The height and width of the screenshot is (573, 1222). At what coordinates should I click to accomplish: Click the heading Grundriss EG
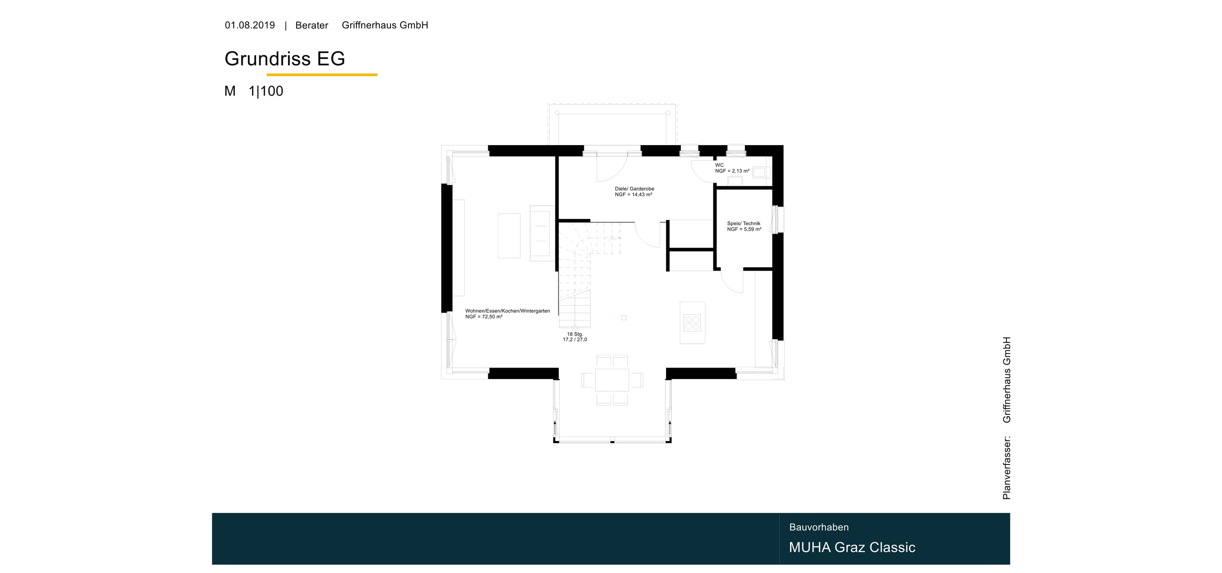[x=284, y=58]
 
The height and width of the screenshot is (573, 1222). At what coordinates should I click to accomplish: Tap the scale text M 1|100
[x=254, y=91]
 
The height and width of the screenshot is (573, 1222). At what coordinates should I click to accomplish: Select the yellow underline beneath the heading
[x=322, y=74]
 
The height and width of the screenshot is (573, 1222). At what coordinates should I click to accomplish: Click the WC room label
[x=719, y=165]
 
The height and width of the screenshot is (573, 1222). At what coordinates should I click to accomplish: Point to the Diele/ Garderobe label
[x=634, y=189]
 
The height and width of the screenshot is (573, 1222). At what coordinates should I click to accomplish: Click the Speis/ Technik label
[x=744, y=223]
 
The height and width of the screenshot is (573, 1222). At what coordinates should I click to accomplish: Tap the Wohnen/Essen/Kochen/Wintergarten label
[x=508, y=311]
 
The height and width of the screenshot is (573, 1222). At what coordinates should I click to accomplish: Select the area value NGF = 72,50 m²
[x=484, y=317]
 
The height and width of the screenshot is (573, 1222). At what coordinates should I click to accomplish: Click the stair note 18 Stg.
[x=575, y=334]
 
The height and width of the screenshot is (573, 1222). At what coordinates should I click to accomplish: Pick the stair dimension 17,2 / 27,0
[x=575, y=340]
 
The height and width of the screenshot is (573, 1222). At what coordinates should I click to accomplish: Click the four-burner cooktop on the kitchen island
[x=692, y=323]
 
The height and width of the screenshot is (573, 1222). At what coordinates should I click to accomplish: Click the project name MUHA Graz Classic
[x=852, y=547]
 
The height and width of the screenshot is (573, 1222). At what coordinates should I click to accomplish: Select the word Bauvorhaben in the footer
[x=819, y=527]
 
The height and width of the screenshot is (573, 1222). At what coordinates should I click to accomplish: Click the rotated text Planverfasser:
[x=1007, y=468]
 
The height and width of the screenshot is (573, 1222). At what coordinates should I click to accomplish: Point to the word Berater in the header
[x=312, y=26]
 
